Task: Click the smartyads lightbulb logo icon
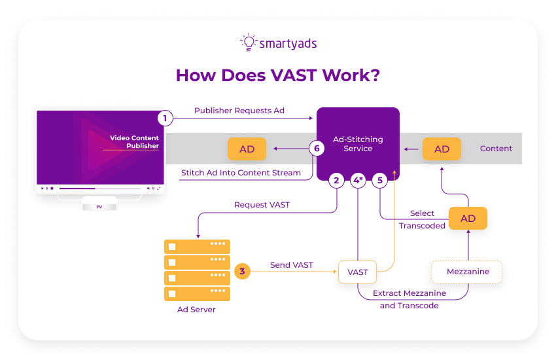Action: [249, 43]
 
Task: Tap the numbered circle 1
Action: [165, 118]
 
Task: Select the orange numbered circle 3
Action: [242, 271]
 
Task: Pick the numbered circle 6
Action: [317, 149]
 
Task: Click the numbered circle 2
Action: [336, 181]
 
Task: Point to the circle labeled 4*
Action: [358, 181]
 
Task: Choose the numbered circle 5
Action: [380, 181]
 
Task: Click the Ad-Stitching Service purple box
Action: [358, 143]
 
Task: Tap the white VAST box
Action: [358, 272]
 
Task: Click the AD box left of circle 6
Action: [247, 149]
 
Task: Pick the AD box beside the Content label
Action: [442, 149]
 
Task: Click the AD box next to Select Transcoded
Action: [468, 219]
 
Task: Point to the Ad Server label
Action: [196, 310]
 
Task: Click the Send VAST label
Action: [291, 265]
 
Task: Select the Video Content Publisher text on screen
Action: [134, 141]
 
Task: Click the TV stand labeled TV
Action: [99, 206]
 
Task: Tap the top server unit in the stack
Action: [197, 247]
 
